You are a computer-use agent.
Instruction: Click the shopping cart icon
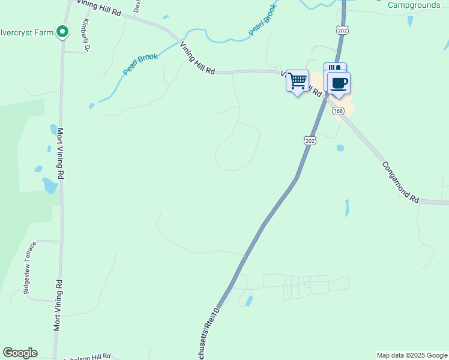tap(297, 81)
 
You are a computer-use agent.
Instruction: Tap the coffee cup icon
tap(339, 83)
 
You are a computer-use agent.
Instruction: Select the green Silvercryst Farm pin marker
tap(62, 31)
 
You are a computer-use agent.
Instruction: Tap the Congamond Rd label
tap(399, 181)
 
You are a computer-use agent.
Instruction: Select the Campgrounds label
tap(414, 5)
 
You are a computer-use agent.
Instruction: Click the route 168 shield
tap(338, 111)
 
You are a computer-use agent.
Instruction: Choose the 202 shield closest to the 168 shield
tap(309, 140)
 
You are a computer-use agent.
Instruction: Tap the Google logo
tap(20, 353)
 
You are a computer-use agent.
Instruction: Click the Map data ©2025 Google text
tap(412, 355)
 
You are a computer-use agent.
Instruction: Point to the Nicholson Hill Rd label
tap(87, 356)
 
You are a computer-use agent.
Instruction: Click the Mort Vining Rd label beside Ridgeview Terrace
tap(58, 305)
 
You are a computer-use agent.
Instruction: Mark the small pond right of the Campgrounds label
tap(411, 21)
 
